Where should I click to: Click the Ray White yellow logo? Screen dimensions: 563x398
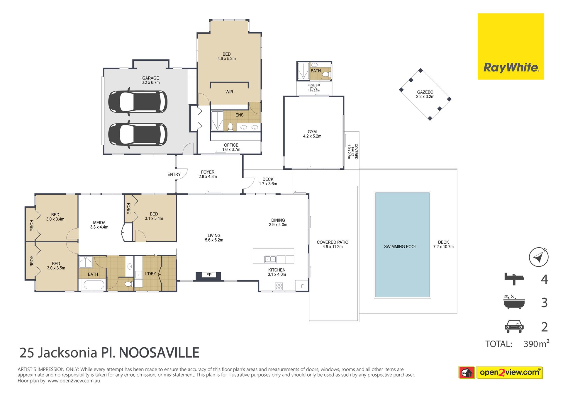tap(511, 46)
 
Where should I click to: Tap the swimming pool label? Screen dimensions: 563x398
tap(400, 247)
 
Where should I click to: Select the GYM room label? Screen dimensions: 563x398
tap(312, 132)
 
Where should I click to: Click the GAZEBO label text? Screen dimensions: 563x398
tap(425, 92)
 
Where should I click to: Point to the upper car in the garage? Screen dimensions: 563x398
tap(138, 102)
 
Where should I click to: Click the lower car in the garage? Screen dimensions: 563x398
tap(138, 134)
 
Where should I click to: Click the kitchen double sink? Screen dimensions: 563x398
tap(270, 259)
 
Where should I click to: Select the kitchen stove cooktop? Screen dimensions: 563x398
tap(279, 286)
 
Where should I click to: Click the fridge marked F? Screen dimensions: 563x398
tap(302, 286)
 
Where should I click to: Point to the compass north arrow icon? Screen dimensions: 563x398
tap(539, 257)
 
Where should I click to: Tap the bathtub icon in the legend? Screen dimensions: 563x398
tap(514, 302)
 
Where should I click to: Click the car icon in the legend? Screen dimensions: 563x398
tap(514, 326)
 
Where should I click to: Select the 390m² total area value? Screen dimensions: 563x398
tap(537, 343)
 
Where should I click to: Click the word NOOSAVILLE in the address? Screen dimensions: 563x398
tap(159, 353)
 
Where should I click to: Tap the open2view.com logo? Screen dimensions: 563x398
tap(510, 373)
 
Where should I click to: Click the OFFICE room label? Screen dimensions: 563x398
tap(231, 145)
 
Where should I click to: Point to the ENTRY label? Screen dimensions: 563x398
tap(174, 174)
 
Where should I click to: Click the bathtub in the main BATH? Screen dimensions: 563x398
tap(94, 285)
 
